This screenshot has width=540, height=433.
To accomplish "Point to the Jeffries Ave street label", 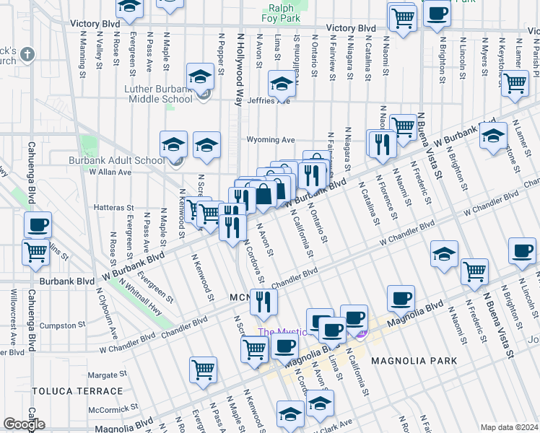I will [x=268, y=101].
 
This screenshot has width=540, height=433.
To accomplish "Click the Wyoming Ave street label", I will [x=271, y=139].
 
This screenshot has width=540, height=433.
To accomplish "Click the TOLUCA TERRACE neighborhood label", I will [x=77, y=390].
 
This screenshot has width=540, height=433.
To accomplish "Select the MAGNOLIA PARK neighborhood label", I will [x=414, y=360].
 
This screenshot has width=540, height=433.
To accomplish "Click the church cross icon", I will [x=28, y=55].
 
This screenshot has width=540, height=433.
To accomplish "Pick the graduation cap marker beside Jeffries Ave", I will [x=282, y=84].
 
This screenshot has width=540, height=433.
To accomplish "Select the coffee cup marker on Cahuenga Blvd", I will [x=38, y=225].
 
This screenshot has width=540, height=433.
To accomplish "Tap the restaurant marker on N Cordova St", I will [x=264, y=302].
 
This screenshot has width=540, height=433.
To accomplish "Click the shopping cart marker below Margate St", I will [x=204, y=369].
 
